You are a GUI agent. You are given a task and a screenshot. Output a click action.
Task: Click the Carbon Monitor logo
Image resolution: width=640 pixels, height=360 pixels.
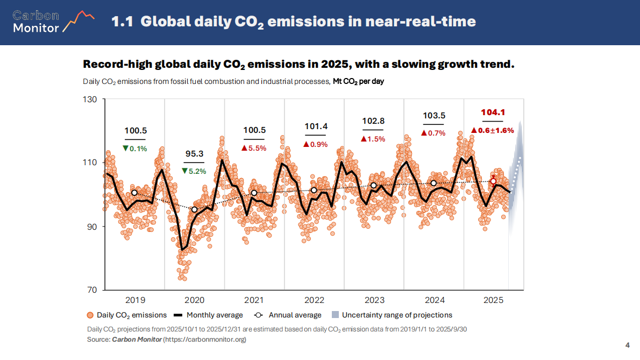coord(53,22)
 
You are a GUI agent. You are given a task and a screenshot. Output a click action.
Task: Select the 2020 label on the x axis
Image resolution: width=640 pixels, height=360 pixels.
coord(194,300)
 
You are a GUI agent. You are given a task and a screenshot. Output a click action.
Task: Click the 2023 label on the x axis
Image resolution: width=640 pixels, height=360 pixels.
coord(374,300)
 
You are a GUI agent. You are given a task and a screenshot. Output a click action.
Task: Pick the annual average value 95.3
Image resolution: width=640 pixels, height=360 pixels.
coord(194,154)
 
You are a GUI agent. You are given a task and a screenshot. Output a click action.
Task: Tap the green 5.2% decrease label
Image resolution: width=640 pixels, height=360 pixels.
coord(194,171)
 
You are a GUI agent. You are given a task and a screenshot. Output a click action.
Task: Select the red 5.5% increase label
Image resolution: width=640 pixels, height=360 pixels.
coord(254,148)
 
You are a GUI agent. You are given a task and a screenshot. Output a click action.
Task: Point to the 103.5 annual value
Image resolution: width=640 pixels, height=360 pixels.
coord(433,116)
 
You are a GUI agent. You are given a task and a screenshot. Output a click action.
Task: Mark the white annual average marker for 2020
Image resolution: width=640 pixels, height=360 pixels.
coord(194,209)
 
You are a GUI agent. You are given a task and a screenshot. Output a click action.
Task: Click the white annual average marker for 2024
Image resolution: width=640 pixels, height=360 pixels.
coord(433,183)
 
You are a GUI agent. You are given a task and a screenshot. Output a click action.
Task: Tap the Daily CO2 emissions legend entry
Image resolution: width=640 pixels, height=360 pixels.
coord(127,315)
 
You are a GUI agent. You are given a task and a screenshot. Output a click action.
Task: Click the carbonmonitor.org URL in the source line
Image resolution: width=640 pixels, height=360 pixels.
coord(204,340)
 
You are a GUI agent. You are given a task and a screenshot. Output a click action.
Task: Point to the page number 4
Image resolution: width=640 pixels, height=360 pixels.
coord(628,345)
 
